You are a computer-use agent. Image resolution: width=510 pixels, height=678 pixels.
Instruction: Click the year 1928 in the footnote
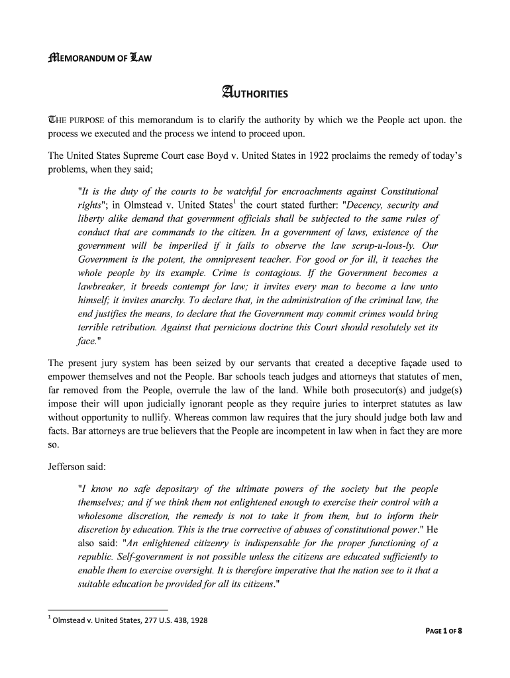199,620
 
